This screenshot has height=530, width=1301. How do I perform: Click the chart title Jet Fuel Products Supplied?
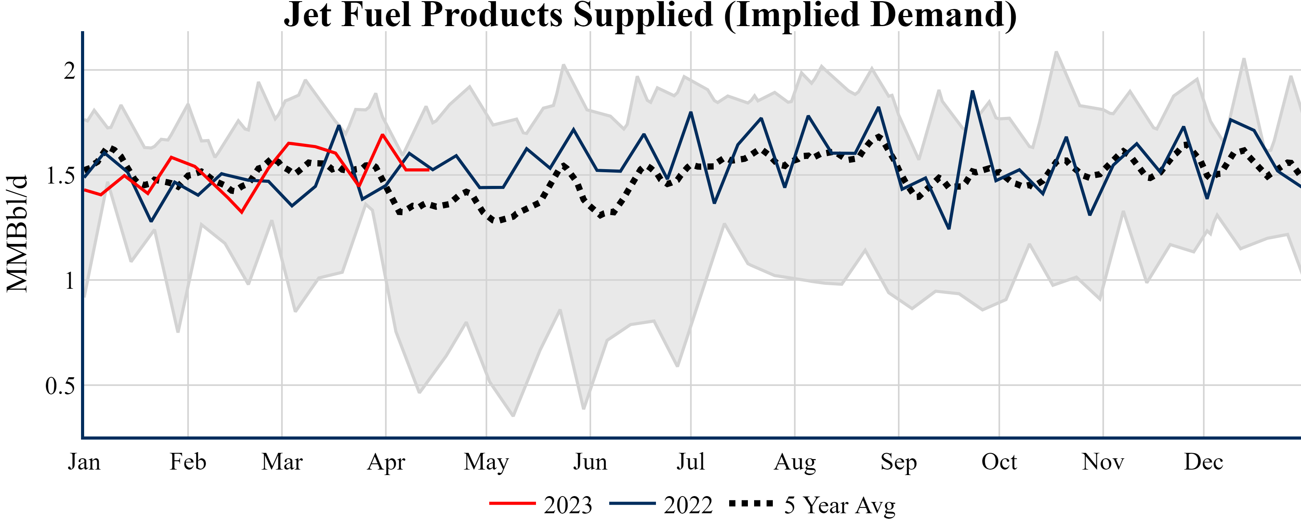coord(650,15)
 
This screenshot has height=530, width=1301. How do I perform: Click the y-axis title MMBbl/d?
coord(17,233)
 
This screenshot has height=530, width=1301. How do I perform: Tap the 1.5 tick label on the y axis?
coord(60,176)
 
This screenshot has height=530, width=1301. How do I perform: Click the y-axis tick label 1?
coord(69,281)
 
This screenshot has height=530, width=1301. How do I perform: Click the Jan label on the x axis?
coord(85,462)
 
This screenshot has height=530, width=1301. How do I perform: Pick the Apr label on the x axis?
coord(386,462)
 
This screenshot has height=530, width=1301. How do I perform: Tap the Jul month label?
coord(690,462)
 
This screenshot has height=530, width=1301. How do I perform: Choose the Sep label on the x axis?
coord(899,462)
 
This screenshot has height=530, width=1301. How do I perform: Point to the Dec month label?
coord(1204,462)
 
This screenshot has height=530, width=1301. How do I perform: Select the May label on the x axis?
coord(487,462)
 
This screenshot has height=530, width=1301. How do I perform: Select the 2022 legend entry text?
coord(688,505)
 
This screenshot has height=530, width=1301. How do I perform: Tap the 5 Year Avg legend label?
coord(839,505)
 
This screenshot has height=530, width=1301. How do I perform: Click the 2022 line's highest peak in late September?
coord(972,92)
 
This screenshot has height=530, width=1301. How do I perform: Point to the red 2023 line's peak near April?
coord(383,135)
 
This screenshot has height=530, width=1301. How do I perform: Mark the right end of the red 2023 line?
coord(428,170)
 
